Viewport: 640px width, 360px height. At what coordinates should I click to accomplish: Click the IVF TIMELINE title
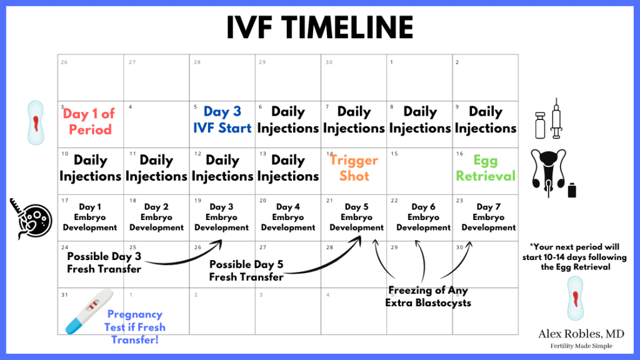tap(319, 27)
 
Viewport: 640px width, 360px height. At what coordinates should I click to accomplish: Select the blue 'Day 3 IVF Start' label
tap(222, 119)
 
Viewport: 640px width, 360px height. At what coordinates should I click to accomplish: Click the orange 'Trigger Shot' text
tap(354, 167)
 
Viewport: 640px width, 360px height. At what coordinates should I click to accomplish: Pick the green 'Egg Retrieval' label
tap(485, 167)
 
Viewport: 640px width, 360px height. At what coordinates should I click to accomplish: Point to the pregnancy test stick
tap(89, 311)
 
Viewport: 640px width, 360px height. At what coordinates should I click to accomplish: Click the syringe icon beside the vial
tap(556, 118)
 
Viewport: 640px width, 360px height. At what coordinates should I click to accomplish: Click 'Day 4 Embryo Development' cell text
tap(288, 217)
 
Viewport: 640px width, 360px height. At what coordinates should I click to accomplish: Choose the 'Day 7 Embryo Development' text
tap(489, 217)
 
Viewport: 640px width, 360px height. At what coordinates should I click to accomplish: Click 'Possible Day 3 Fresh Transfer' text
tap(104, 262)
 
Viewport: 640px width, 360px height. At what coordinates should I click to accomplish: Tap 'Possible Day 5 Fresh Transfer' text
tap(246, 271)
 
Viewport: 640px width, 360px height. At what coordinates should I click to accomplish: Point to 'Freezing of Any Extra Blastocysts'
tap(428, 296)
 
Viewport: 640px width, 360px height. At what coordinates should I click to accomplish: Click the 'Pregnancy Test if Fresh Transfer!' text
tap(135, 327)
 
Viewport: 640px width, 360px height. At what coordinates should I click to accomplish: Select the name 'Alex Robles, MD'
tap(581, 334)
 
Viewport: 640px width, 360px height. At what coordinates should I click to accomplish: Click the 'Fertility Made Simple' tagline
tap(581, 346)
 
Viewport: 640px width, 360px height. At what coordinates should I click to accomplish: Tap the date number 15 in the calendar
tap(394, 154)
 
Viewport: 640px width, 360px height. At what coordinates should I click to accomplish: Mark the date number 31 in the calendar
tap(64, 295)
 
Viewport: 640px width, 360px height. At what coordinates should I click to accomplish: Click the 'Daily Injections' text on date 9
tap(485, 119)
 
